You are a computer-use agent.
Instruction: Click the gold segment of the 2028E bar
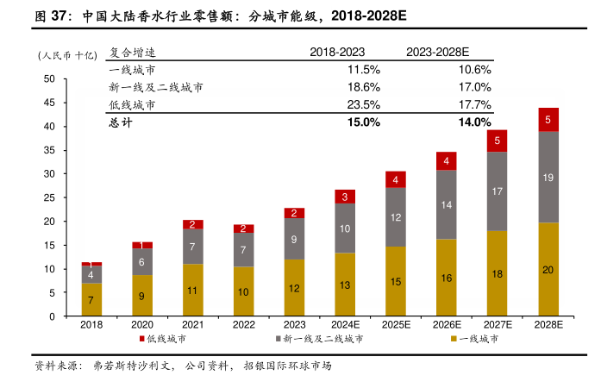pyautogui.click(x=548, y=269)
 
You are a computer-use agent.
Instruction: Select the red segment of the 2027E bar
pyautogui.click(x=498, y=141)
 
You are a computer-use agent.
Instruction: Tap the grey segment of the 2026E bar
pyautogui.click(x=447, y=205)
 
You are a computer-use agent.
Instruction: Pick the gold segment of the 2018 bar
pyautogui.click(x=91, y=299)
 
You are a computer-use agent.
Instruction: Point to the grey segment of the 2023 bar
pyautogui.click(x=295, y=239)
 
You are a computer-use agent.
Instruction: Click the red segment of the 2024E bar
pyautogui.click(x=345, y=197)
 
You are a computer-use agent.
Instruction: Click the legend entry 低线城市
pyautogui.click(x=164, y=339)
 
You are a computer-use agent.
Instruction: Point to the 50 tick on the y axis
pyautogui.click(x=49, y=79)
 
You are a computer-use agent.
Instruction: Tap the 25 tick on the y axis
pyautogui.click(x=49, y=197)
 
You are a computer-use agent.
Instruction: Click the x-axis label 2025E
pyautogui.click(x=396, y=325)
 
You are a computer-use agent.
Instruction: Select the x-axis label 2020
pyautogui.click(x=142, y=325)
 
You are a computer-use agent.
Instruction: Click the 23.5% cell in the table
pyautogui.click(x=363, y=104)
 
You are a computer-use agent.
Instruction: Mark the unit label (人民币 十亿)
pyautogui.click(x=66, y=55)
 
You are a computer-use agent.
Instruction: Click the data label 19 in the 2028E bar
pyautogui.click(x=548, y=177)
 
